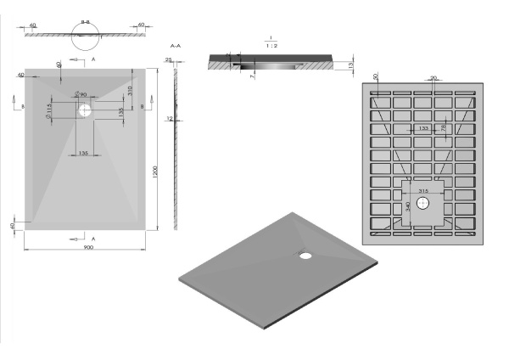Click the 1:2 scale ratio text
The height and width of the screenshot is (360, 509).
click(269, 46)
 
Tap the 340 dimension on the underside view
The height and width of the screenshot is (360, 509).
click(407, 206)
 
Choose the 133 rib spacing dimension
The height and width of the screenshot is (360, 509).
click(422, 129)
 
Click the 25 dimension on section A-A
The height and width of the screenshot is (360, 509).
click(169, 60)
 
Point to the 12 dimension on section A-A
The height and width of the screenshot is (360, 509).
click(170, 119)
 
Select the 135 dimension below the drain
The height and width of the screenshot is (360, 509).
click(84, 153)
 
